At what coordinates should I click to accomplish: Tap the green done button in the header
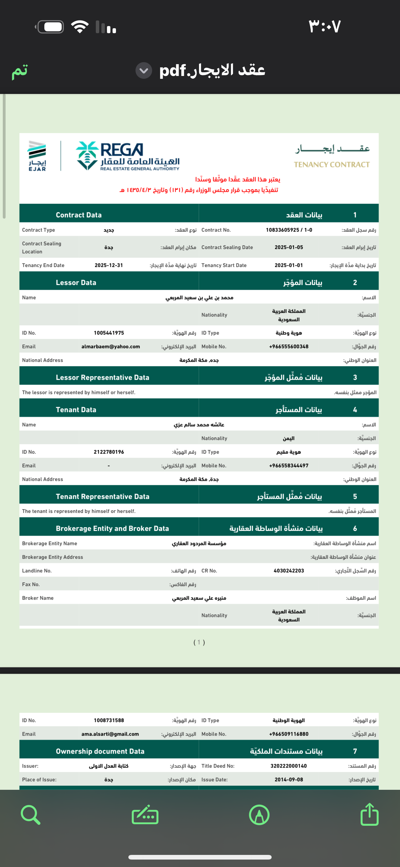click(20, 71)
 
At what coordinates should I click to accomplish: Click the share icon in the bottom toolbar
click(369, 815)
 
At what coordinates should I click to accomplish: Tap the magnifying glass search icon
click(30, 815)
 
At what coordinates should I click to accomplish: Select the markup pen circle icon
click(259, 815)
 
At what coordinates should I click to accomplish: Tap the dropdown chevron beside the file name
click(144, 71)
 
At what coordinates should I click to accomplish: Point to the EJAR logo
click(37, 156)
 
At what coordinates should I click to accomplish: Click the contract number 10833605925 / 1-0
click(289, 230)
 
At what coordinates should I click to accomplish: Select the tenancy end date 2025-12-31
click(109, 265)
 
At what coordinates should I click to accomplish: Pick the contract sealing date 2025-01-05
click(289, 247)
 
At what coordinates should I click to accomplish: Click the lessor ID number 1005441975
click(109, 333)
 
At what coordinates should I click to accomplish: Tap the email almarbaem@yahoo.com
click(110, 347)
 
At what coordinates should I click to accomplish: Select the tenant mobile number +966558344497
click(289, 466)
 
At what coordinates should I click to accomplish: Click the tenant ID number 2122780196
click(109, 452)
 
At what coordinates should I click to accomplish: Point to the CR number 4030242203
click(289, 571)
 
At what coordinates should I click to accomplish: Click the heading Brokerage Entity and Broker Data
click(112, 528)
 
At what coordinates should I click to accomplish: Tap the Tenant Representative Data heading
click(102, 496)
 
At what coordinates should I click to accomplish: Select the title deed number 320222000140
click(289, 766)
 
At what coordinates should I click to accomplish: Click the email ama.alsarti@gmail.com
click(110, 734)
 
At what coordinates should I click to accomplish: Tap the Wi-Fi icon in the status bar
click(80, 27)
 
